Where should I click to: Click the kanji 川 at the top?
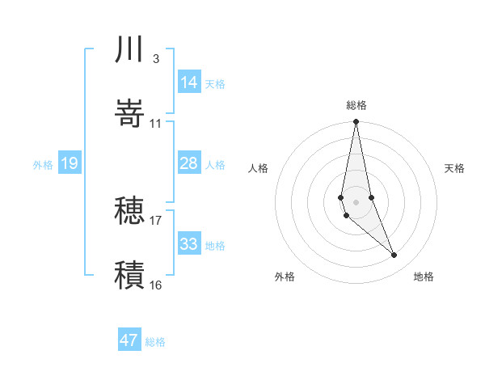(x=129, y=49)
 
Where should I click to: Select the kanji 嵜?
(x=129, y=112)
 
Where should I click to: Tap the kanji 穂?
(x=129, y=211)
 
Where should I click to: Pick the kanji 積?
(x=129, y=274)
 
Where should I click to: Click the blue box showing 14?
(x=189, y=82)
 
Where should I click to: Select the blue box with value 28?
(x=189, y=163)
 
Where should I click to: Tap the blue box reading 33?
(x=189, y=244)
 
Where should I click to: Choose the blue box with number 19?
(x=70, y=163)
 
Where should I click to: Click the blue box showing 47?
(x=129, y=340)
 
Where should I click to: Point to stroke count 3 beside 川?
(x=155, y=59)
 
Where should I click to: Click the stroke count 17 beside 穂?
(x=155, y=220)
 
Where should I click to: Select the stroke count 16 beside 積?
(x=155, y=285)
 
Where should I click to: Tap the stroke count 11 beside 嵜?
(x=155, y=123)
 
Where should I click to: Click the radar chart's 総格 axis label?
(x=356, y=106)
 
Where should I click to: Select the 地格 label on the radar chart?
(x=424, y=277)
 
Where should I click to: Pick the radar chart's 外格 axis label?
(x=285, y=277)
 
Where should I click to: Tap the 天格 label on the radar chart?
(x=454, y=168)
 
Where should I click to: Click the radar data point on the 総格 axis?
(x=356, y=122)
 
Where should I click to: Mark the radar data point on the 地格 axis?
(x=394, y=255)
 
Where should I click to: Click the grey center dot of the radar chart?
(x=356, y=201)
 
